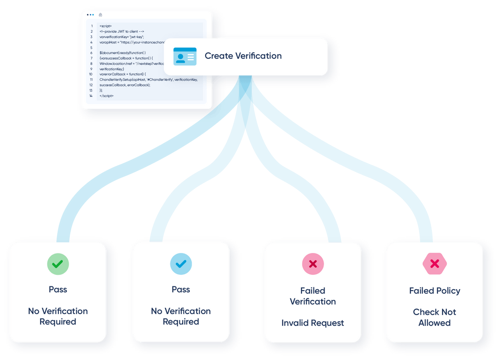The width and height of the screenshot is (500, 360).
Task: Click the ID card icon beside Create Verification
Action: click(185, 56)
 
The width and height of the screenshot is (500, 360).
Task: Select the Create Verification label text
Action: click(243, 56)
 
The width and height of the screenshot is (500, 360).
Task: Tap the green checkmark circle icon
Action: click(58, 264)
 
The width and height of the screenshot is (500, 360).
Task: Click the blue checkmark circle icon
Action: click(181, 264)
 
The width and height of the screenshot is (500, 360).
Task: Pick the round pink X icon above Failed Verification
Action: click(313, 264)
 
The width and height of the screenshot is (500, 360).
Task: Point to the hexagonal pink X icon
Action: click(435, 264)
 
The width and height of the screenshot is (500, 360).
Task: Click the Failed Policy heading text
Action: click(435, 291)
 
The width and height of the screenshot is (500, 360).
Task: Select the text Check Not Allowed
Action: click(435, 317)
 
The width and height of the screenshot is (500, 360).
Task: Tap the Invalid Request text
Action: click(313, 323)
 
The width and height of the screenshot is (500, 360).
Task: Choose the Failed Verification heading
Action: click(313, 296)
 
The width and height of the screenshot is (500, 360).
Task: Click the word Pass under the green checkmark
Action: click(58, 290)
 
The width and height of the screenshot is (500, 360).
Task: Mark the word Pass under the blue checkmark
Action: click(181, 290)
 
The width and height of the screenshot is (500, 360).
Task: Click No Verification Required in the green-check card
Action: click(58, 316)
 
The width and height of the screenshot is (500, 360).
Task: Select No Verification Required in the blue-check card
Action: click(181, 316)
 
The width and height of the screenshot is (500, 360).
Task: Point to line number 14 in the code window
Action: click(92, 96)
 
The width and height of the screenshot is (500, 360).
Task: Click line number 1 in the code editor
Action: click(92, 26)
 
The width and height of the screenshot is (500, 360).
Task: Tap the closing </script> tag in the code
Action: click(106, 96)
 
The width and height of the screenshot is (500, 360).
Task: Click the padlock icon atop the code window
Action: click(100, 15)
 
